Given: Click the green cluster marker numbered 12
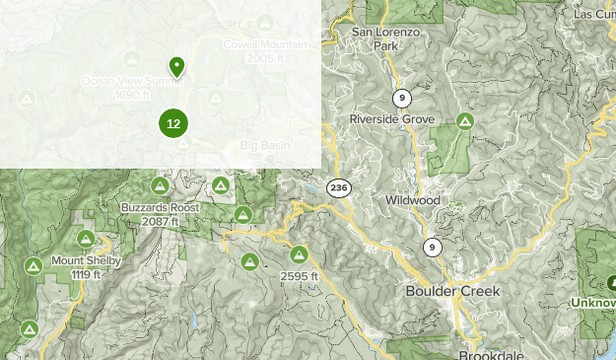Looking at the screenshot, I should pos(173,123).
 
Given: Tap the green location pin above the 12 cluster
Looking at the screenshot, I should pos(176,66).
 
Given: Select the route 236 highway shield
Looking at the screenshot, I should pos(339,187).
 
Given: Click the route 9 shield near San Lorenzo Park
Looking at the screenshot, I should pos(401,98).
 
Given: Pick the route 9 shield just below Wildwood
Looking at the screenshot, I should pos(432,247).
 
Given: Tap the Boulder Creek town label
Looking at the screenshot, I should pos(452,292).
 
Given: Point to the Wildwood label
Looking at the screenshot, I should pos(413,200).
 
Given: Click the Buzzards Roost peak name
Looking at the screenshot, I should pos(160,208).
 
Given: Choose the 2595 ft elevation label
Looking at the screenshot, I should pos(300,276).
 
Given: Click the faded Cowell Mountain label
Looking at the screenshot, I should pos(264,45).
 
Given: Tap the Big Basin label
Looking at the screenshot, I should pos(267,146).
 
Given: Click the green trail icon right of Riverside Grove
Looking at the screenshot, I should pos(464,121).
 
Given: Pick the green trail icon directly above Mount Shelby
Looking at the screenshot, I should pos(86,239).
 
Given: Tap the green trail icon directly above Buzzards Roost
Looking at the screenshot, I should pos(159,185).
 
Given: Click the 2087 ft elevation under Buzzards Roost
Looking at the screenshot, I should pos(160,222).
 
